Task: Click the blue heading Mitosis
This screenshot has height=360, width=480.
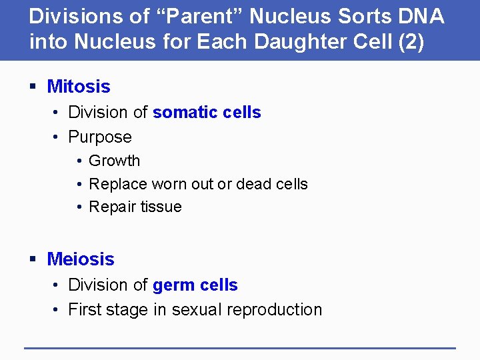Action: tap(79, 87)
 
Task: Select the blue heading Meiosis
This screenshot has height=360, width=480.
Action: tap(81, 259)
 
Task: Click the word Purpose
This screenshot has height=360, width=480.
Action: tap(100, 137)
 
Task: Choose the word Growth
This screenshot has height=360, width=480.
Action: tap(115, 161)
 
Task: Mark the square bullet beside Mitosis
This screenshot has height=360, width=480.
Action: tap(33, 87)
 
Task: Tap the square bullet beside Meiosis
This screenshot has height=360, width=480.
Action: tap(33, 259)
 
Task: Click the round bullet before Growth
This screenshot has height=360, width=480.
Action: tap(79, 161)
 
